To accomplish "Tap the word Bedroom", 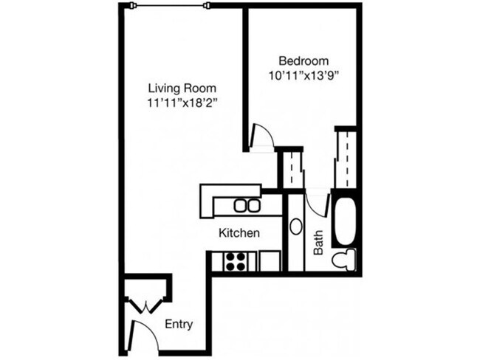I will (x=304, y=60).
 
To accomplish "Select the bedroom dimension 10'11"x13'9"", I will (x=304, y=75).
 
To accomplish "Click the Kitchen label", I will (x=239, y=233).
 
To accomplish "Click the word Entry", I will (x=179, y=323).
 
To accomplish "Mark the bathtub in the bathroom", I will (x=343, y=218).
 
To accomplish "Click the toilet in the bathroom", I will (x=343, y=260).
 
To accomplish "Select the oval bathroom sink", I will (x=295, y=226).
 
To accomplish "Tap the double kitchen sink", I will (x=247, y=206).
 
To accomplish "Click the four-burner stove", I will (x=236, y=261).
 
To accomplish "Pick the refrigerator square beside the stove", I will (x=270, y=261).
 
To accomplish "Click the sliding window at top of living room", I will (x=170, y=6).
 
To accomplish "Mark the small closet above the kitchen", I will (x=292, y=169).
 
